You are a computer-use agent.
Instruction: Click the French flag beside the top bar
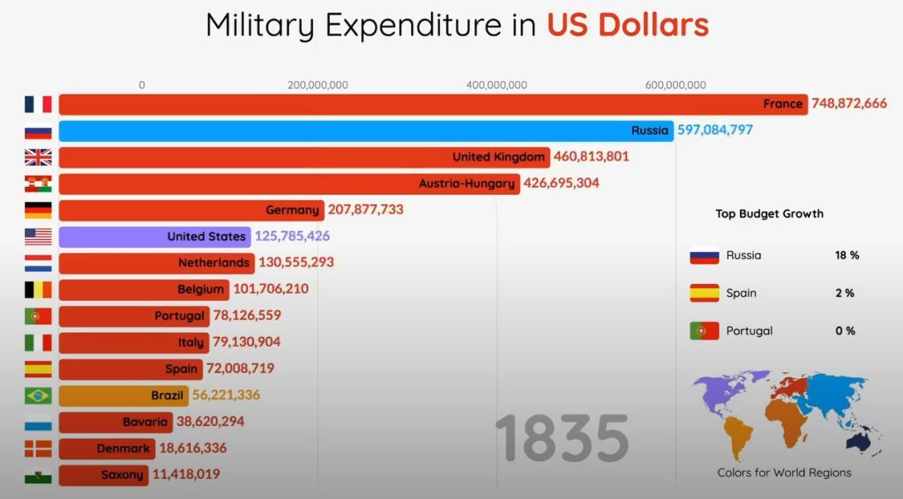point(38,105)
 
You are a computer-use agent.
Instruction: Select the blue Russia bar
point(365,131)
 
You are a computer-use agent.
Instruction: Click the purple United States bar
point(155,237)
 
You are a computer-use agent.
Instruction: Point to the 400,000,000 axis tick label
point(496,86)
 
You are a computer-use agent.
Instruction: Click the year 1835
point(562,438)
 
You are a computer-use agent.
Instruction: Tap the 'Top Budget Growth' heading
point(769,213)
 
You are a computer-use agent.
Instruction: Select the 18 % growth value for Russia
point(847,256)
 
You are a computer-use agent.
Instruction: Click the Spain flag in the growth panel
point(704,294)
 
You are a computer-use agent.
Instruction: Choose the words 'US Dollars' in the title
point(627,25)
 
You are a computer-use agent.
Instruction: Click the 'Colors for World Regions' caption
point(784,473)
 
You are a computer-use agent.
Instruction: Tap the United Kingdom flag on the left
point(38,158)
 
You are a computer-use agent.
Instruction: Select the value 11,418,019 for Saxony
point(185,474)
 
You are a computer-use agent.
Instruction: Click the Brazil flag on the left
point(38,396)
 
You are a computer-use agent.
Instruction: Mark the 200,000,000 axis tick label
point(317,86)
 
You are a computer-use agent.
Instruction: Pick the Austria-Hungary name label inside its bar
point(466,184)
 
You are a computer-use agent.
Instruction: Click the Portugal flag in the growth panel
point(704,331)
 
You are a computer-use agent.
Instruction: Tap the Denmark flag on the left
point(38,449)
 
